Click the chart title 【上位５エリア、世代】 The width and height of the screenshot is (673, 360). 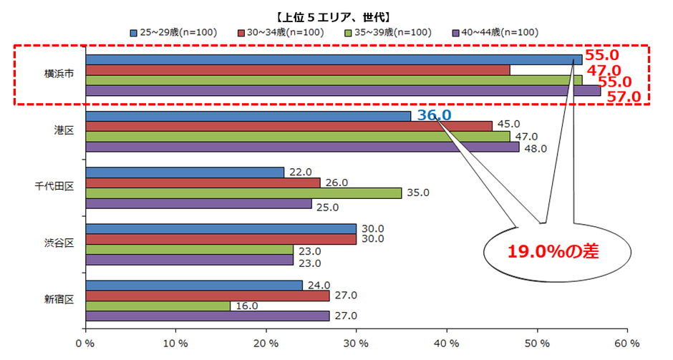336,16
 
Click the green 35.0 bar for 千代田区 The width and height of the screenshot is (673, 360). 243,193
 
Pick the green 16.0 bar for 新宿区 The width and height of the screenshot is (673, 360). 158,306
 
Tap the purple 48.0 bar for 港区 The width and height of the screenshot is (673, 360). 302,147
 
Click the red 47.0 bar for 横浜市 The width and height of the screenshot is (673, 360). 297,69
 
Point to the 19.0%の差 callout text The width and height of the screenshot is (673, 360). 553,251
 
